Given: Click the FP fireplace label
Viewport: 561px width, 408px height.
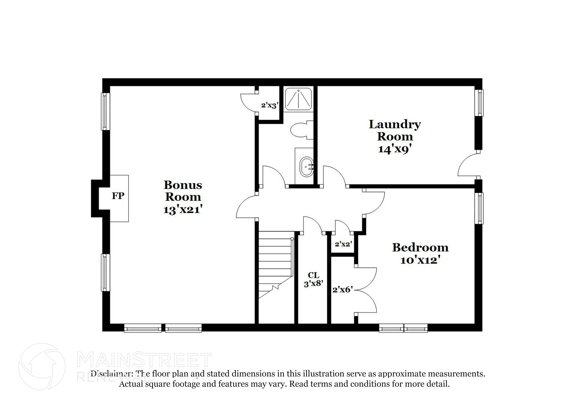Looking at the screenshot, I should [x=118, y=196].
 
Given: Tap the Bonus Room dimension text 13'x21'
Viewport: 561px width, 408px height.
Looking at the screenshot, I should [x=183, y=210].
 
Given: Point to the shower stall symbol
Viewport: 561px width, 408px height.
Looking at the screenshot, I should [x=298, y=99].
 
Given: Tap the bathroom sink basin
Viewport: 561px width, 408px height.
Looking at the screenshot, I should [x=307, y=167].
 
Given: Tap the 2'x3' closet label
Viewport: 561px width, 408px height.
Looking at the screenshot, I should [x=270, y=105].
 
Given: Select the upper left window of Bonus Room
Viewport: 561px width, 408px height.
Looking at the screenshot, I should [x=105, y=111].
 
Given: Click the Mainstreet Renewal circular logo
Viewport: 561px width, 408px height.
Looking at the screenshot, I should [x=42, y=367].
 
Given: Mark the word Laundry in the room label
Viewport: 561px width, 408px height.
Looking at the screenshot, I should [x=394, y=124].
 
